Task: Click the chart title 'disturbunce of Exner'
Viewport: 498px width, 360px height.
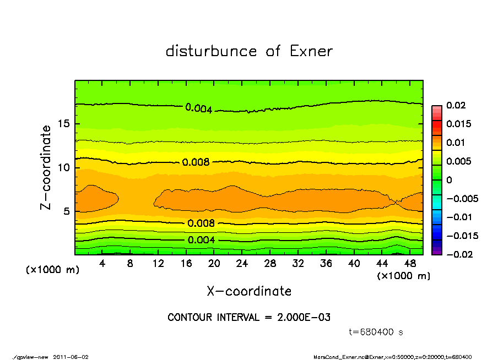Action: coord(249,51)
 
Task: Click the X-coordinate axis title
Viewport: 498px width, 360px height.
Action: coord(249,291)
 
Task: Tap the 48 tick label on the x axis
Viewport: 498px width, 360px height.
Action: coord(410,264)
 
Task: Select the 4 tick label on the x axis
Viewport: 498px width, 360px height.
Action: coord(102,264)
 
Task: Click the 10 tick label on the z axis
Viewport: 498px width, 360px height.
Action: coord(64,167)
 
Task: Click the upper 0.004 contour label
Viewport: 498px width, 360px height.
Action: coord(198,108)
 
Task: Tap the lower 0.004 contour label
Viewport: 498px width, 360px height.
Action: coord(201,240)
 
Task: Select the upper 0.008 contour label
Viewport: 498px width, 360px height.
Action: coord(196,162)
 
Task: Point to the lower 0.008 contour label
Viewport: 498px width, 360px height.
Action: coord(201,223)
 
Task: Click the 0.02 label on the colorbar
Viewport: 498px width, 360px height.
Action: coord(457,105)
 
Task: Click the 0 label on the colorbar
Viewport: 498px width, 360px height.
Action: coord(448,180)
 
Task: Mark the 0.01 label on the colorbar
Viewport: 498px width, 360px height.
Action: coord(457,143)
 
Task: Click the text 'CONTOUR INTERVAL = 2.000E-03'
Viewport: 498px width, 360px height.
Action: coord(249,318)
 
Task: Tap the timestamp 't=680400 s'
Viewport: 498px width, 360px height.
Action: coord(377,332)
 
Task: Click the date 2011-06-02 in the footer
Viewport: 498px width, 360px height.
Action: coord(71,357)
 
